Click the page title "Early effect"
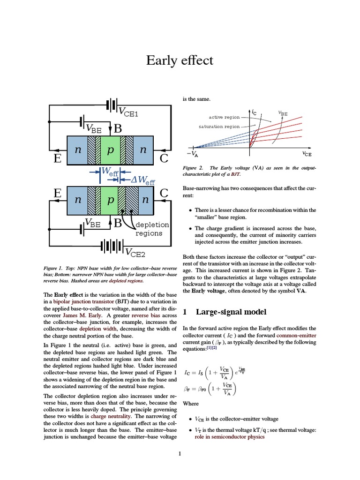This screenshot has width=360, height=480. click(x=180, y=60)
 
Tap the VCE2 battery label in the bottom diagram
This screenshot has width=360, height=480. click(x=135, y=254)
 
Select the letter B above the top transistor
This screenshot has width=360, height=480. click(x=118, y=128)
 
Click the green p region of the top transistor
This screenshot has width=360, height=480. click(x=111, y=150)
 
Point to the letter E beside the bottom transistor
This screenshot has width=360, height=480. click(x=58, y=193)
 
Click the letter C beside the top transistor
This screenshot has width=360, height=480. click(x=164, y=159)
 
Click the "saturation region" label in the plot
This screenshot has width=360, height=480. click(x=219, y=127)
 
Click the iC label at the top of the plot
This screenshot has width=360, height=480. click(x=254, y=112)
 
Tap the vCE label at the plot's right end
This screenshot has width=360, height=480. click(x=307, y=154)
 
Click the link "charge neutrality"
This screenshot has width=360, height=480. click(x=112, y=416)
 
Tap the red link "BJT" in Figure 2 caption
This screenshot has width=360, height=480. click(x=235, y=174)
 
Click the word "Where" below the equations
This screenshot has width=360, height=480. click(x=191, y=404)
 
